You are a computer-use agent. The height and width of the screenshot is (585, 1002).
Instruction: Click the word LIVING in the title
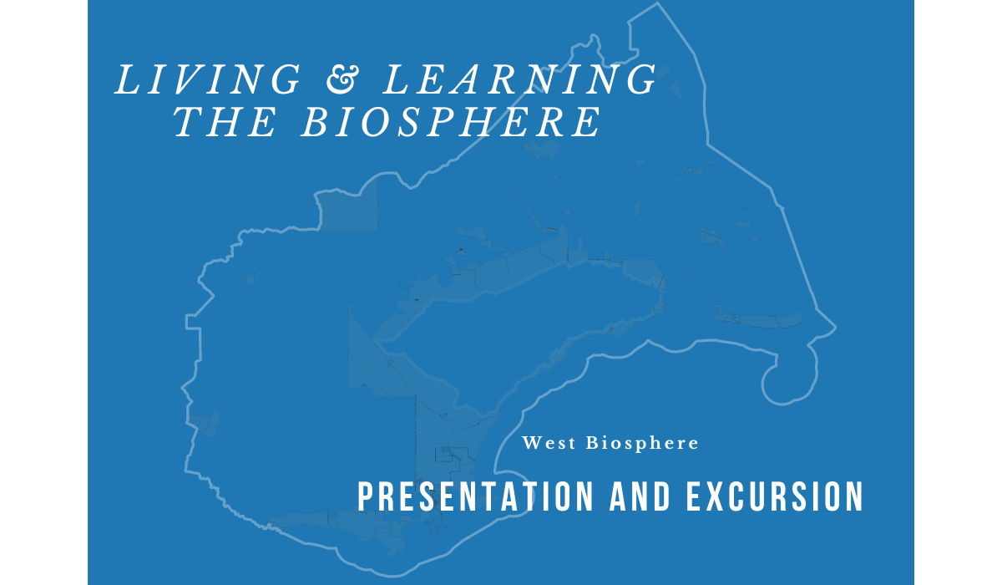pyautogui.click(x=208, y=79)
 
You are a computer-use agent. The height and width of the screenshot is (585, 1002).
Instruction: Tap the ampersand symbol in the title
pyautogui.click(x=342, y=79)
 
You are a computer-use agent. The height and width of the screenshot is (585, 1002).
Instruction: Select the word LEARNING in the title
pyautogui.click(x=519, y=79)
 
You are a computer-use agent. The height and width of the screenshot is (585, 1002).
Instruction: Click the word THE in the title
pyautogui.click(x=225, y=122)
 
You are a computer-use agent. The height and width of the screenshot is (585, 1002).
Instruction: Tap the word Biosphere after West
pyautogui.click(x=642, y=443)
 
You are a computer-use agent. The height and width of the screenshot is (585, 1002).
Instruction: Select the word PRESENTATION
pyautogui.click(x=475, y=496)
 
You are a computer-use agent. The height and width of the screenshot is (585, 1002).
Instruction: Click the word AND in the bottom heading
pyautogui.click(x=640, y=496)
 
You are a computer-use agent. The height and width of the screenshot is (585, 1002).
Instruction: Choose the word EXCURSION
pyautogui.click(x=775, y=496)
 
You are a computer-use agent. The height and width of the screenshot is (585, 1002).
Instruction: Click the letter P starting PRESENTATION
pyautogui.click(x=366, y=496)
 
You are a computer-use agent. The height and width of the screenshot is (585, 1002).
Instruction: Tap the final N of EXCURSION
pyautogui.click(x=854, y=496)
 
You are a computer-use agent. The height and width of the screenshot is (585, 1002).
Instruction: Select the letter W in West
pyautogui.click(x=533, y=443)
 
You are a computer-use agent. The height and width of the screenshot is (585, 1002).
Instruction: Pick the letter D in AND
pyautogui.click(x=662, y=496)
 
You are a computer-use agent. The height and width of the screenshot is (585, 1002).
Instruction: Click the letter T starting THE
pyautogui.click(x=188, y=122)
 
